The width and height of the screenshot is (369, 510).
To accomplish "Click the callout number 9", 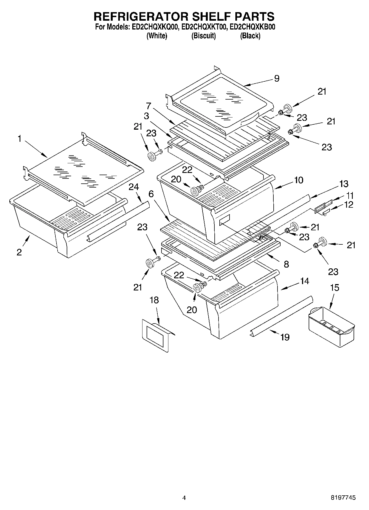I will pyautogui.click(x=277, y=78).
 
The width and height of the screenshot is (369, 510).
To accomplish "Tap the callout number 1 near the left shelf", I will pyautogui.click(x=20, y=139).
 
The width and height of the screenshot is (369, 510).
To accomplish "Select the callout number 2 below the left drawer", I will pyautogui.click(x=19, y=252).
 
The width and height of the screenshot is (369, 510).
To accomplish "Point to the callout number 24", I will pyautogui.click(x=134, y=187).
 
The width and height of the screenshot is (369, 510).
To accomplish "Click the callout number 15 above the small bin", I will pyautogui.click(x=335, y=288).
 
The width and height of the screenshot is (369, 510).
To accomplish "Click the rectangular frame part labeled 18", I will pyautogui.click(x=156, y=335).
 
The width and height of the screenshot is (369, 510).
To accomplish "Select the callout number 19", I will pyautogui.click(x=285, y=337).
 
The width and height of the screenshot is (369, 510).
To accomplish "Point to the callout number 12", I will pyautogui.click(x=349, y=205).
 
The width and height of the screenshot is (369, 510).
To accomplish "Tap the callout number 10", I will pyautogui.click(x=298, y=180).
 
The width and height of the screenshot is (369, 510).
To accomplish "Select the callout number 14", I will pyautogui.click(x=304, y=281).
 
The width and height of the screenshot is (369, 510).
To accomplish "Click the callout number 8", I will pyautogui.click(x=286, y=264).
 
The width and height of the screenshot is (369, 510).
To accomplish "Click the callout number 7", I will pyautogui.click(x=149, y=106).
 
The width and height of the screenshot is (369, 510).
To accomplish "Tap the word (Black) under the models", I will pyautogui.click(x=250, y=36).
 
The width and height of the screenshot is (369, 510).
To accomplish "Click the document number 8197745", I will pyautogui.click(x=343, y=498).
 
